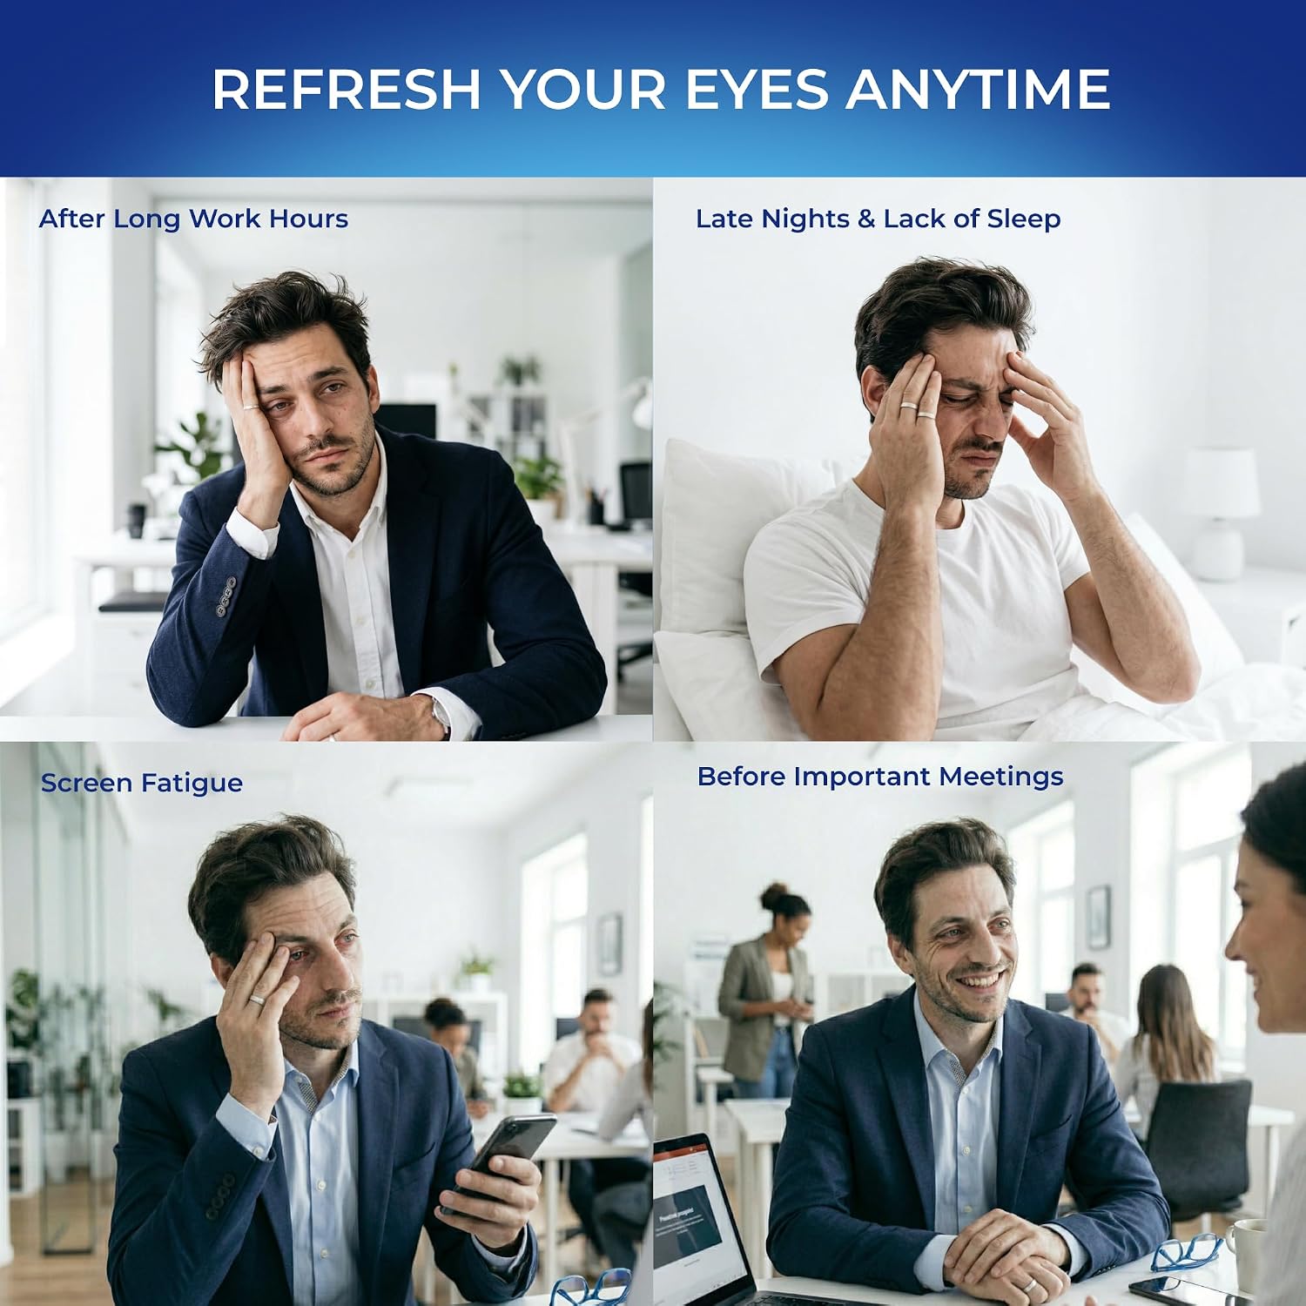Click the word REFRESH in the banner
347,89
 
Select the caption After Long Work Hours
193,219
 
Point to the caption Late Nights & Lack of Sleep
878,219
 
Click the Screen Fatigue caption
142,783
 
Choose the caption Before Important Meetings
880,776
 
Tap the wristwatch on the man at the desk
441,715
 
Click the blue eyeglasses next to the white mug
1186,1252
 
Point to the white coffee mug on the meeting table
1247,1255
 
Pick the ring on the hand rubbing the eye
258,1000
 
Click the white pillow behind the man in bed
740,531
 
